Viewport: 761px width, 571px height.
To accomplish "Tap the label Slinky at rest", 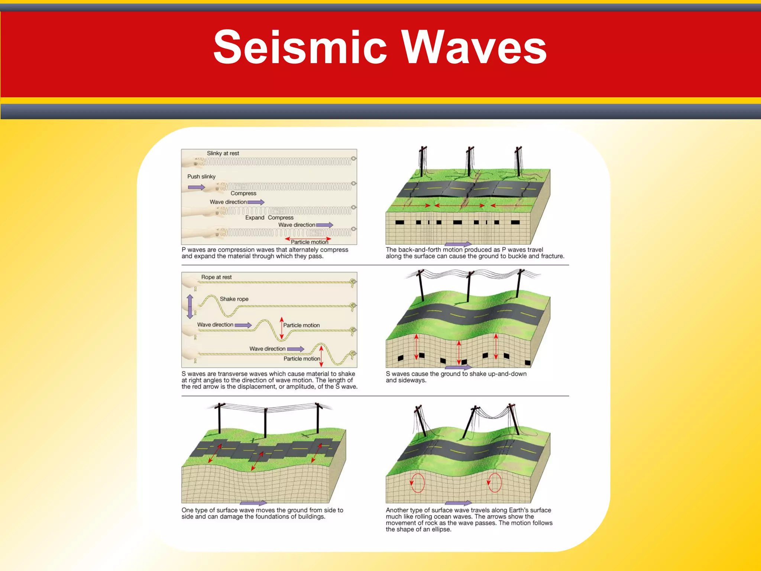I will click(x=223, y=153).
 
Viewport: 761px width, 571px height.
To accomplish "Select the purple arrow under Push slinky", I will click(x=196, y=187).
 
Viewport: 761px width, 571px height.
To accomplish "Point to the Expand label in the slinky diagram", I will click(x=255, y=217).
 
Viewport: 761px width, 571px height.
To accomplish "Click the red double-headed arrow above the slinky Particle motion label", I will click(x=308, y=239).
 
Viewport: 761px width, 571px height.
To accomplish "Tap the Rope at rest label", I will click(x=216, y=277).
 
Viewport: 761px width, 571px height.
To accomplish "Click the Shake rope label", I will click(x=234, y=299).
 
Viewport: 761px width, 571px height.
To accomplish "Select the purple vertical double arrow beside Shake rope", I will click(x=190, y=307).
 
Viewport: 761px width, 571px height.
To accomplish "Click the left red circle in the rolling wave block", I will click(x=417, y=483).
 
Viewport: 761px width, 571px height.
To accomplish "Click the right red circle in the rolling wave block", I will click(x=495, y=483).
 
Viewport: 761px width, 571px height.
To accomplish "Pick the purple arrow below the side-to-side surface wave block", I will click(x=253, y=503).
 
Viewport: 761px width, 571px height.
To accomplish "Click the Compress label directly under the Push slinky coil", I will click(x=243, y=193).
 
